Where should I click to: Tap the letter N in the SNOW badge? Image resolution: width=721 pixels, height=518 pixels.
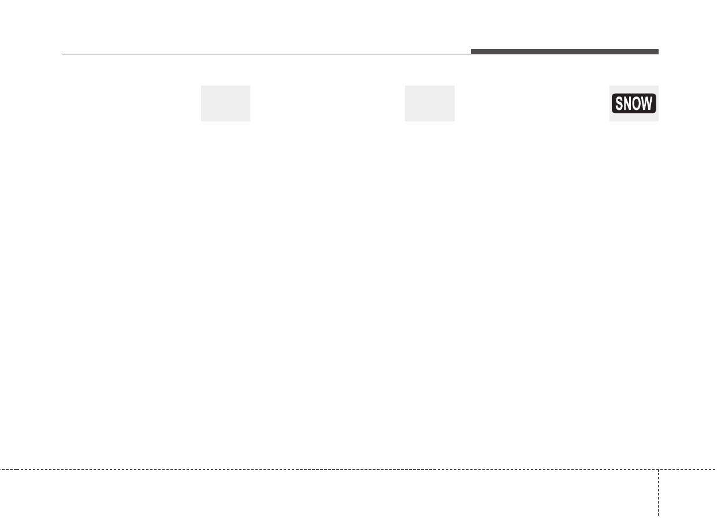[629, 104]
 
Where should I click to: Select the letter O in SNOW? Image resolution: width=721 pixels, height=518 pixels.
[637, 104]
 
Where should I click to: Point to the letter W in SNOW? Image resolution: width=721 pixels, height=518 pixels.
[648, 104]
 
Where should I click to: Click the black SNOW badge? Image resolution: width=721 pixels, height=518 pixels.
[634, 104]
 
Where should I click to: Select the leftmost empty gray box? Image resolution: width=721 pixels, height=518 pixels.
[225, 103]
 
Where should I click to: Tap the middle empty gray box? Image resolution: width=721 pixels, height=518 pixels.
[429, 103]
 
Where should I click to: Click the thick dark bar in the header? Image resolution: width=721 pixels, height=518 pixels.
[564, 52]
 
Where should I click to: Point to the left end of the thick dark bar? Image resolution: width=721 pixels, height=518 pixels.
[471, 52]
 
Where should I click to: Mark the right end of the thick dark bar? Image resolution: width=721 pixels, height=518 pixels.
[657, 52]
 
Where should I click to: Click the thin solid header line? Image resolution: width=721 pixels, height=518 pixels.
[266, 54]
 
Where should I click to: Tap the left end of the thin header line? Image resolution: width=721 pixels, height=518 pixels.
[63, 54]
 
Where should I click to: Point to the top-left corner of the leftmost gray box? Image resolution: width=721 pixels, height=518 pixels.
[201, 86]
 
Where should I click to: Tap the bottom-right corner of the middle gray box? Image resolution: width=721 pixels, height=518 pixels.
[454, 121]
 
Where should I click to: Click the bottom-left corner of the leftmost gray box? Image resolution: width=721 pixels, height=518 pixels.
[201, 121]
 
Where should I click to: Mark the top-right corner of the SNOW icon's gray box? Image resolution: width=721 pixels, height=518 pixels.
[658, 86]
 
